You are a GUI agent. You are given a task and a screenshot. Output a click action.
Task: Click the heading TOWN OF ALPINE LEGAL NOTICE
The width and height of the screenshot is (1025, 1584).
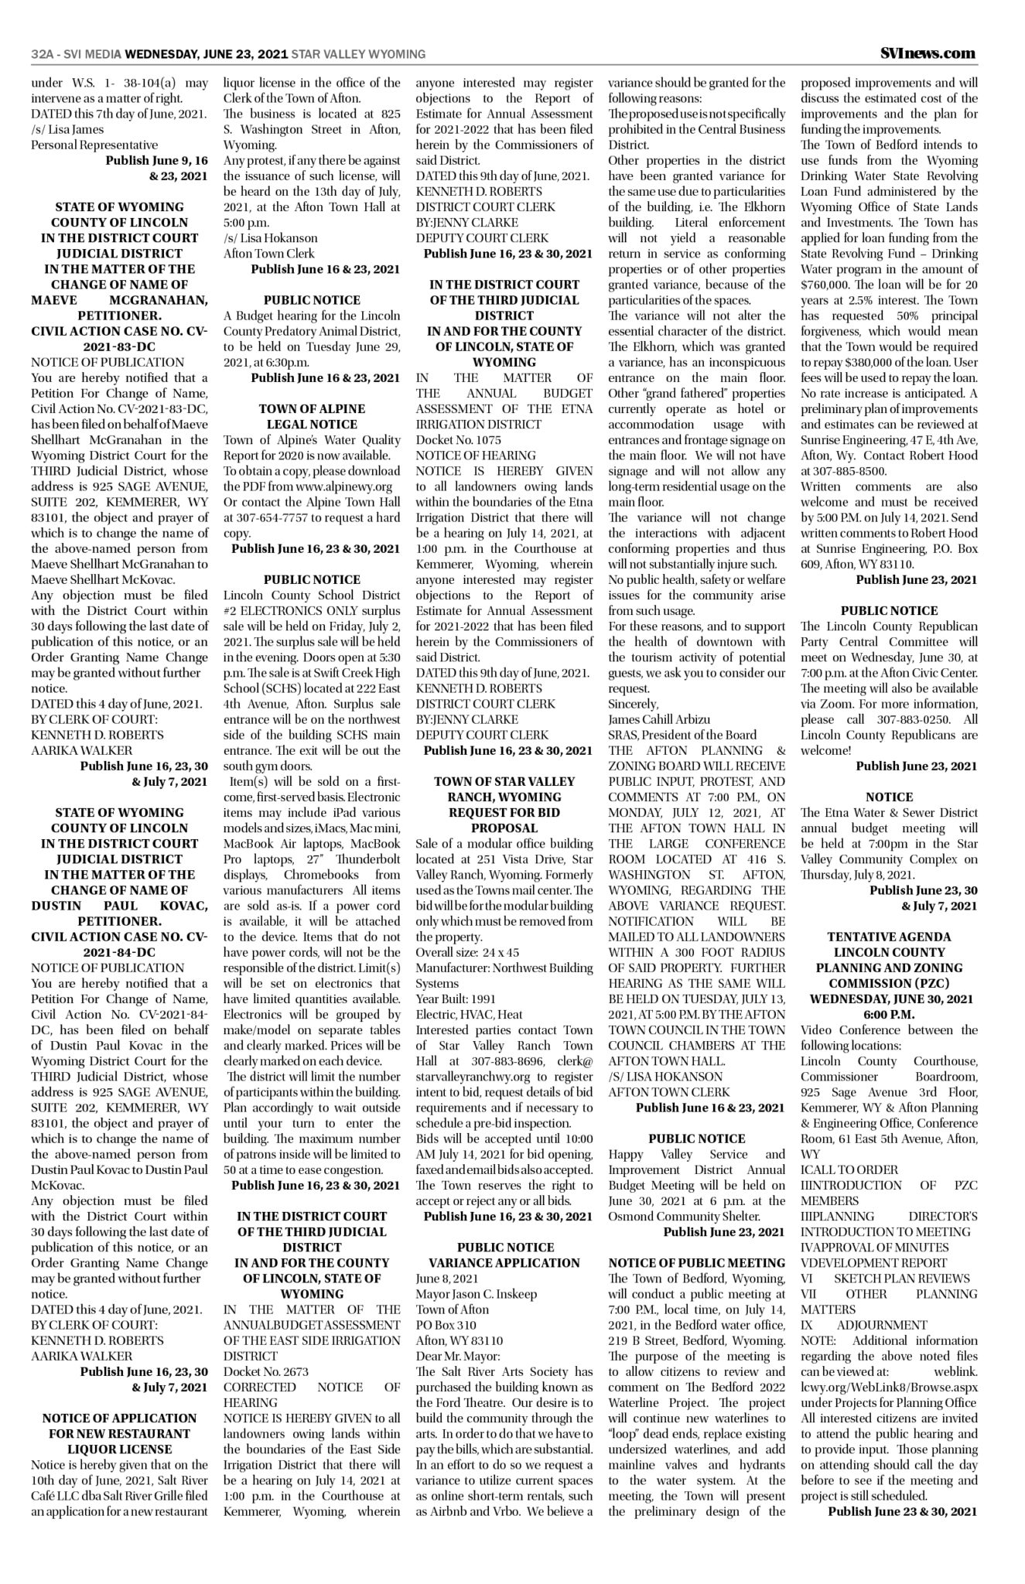[312, 416]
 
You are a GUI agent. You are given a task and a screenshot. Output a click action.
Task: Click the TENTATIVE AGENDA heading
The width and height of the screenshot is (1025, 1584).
[889, 937]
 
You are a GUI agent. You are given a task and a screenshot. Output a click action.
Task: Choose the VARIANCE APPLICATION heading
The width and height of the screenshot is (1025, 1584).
[504, 1262]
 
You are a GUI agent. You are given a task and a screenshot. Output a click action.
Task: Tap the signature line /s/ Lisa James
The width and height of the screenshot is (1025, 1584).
[67, 129]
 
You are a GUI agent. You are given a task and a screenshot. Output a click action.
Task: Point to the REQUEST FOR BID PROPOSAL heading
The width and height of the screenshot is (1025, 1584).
[504, 820]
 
